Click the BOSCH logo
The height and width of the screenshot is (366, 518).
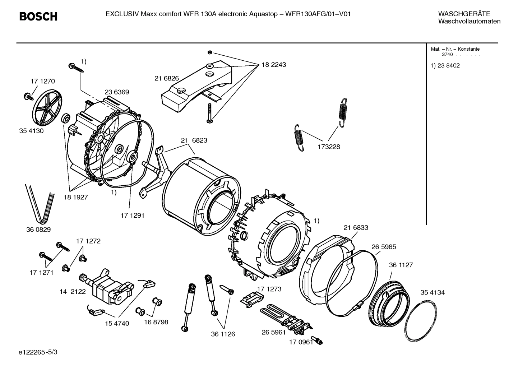(38, 17)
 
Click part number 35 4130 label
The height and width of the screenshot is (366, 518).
(31, 131)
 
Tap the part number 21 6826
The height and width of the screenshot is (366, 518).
(167, 78)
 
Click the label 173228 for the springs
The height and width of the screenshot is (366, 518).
(328, 147)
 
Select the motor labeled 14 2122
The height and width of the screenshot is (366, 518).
(106, 284)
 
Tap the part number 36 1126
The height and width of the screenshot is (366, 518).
(223, 334)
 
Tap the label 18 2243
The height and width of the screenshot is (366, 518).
(274, 65)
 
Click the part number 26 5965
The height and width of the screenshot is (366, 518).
(384, 247)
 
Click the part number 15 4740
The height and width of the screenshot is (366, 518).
(117, 323)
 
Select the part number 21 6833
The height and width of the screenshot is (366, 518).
(356, 227)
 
